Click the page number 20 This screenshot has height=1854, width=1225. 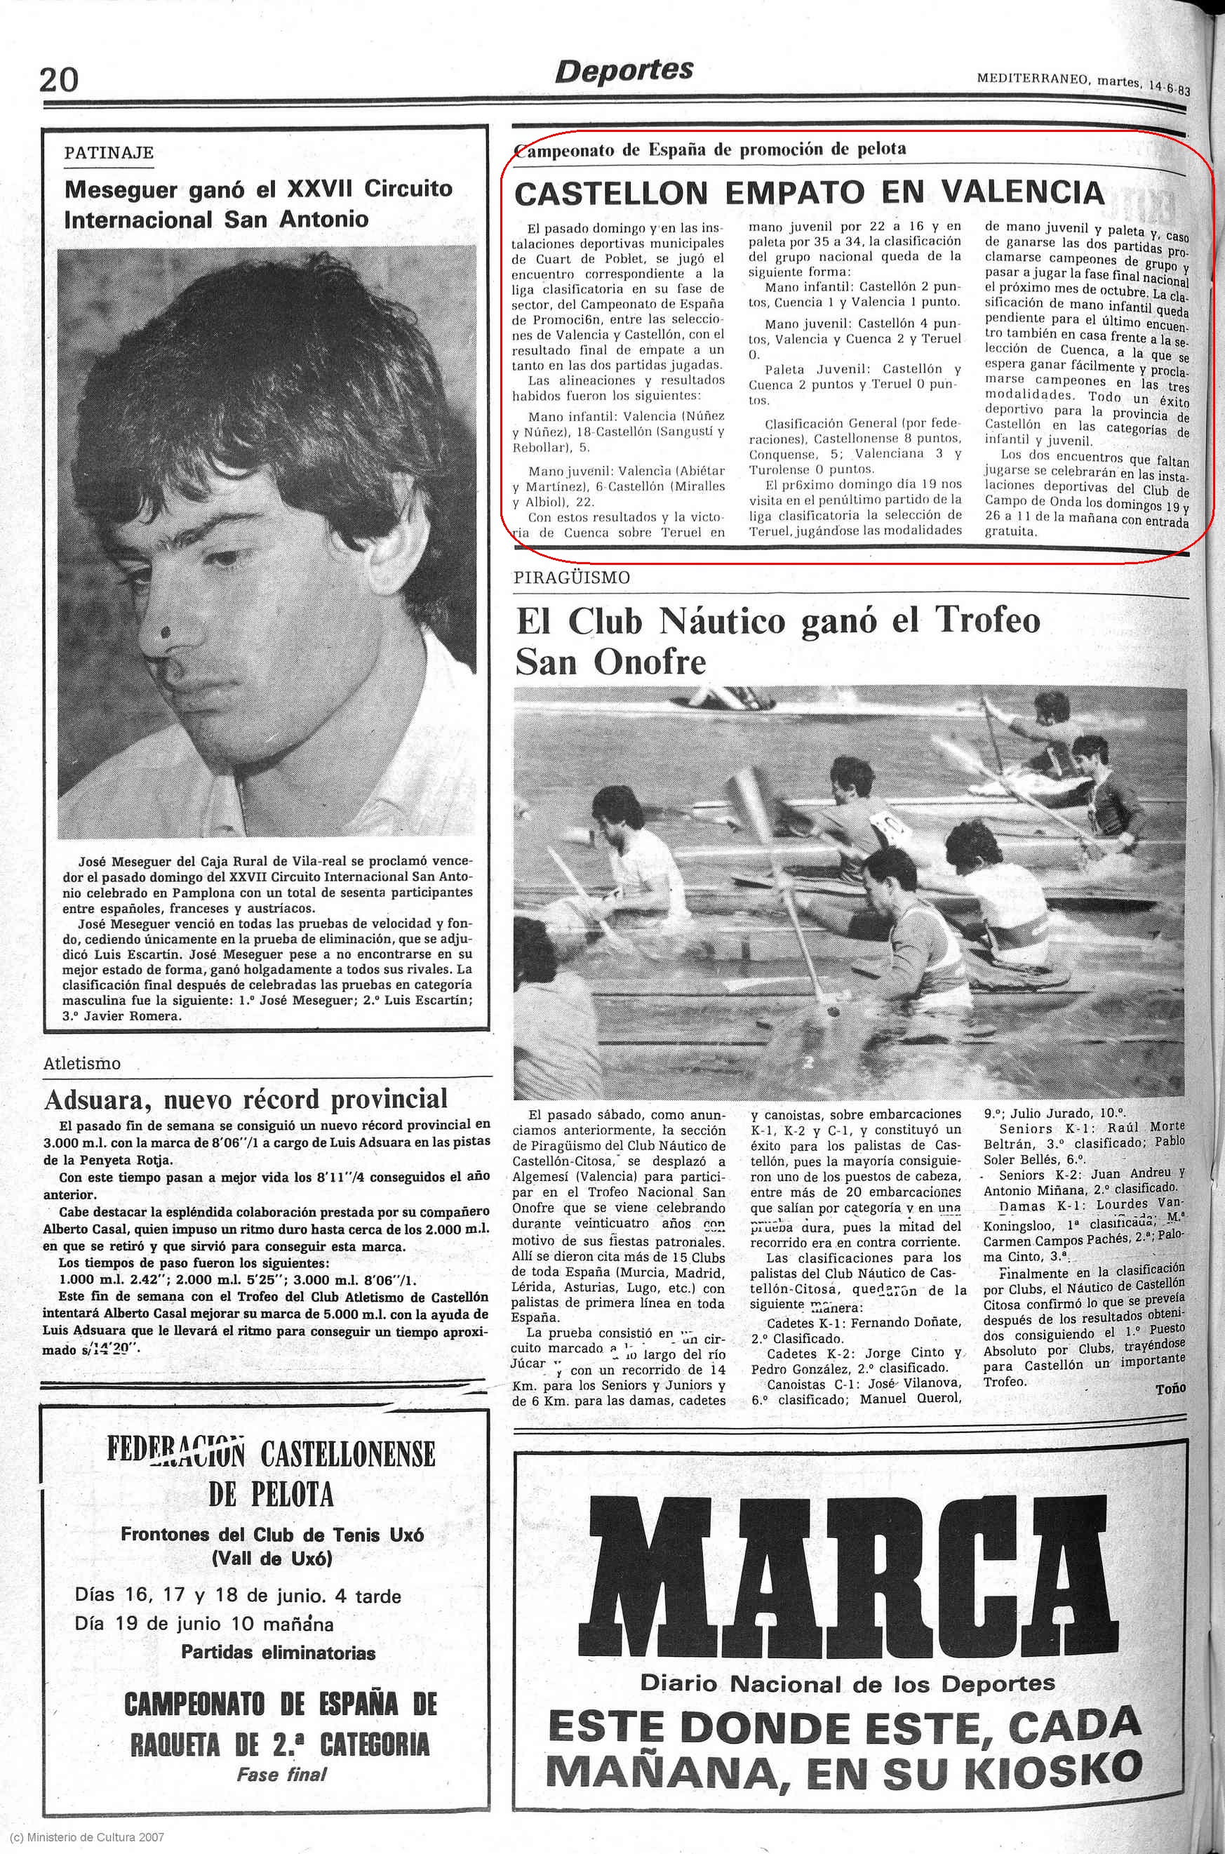pyautogui.click(x=60, y=80)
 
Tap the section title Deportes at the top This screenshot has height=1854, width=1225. pyautogui.click(x=624, y=71)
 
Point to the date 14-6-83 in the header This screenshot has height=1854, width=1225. pyautogui.click(x=1170, y=88)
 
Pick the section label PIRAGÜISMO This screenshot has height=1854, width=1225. pyautogui.click(x=572, y=578)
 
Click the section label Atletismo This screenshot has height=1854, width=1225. pyautogui.click(x=82, y=1063)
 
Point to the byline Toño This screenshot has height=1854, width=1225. pyautogui.click(x=1170, y=1387)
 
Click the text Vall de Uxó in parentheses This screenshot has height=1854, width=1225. pyautogui.click(x=272, y=1557)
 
